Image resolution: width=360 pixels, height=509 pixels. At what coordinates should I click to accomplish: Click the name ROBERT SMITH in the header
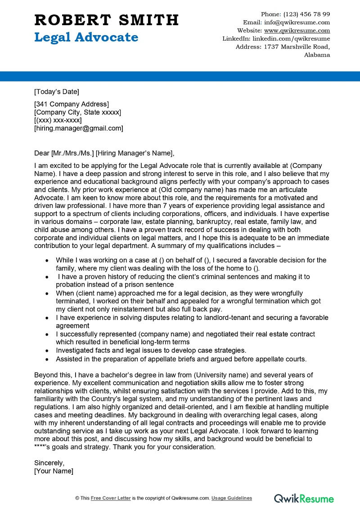[106, 20]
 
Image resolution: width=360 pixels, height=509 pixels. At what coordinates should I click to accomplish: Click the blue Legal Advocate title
[86, 37]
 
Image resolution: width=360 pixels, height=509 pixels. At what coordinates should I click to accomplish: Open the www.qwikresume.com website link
[297, 31]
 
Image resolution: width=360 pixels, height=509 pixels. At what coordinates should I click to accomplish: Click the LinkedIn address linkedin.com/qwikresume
[291, 39]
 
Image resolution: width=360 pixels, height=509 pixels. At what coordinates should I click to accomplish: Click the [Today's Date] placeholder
[56, 92]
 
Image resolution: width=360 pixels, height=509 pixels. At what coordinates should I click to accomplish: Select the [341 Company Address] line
[71, 104]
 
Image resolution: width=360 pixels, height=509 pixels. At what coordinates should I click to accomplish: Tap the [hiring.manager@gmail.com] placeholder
[78, 128]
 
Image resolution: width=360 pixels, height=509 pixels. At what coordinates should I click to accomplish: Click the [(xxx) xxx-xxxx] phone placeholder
[58, 120]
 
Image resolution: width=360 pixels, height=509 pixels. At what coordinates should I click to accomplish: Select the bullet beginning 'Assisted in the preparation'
[181, 359]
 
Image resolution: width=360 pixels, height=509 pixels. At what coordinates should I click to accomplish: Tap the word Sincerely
[49, 463]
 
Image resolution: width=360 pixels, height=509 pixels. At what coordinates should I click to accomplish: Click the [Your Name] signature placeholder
[54, 471]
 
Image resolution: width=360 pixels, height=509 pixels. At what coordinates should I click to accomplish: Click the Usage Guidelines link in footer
[232, 498]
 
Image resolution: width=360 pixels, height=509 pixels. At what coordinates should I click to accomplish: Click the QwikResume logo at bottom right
[304, 498]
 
